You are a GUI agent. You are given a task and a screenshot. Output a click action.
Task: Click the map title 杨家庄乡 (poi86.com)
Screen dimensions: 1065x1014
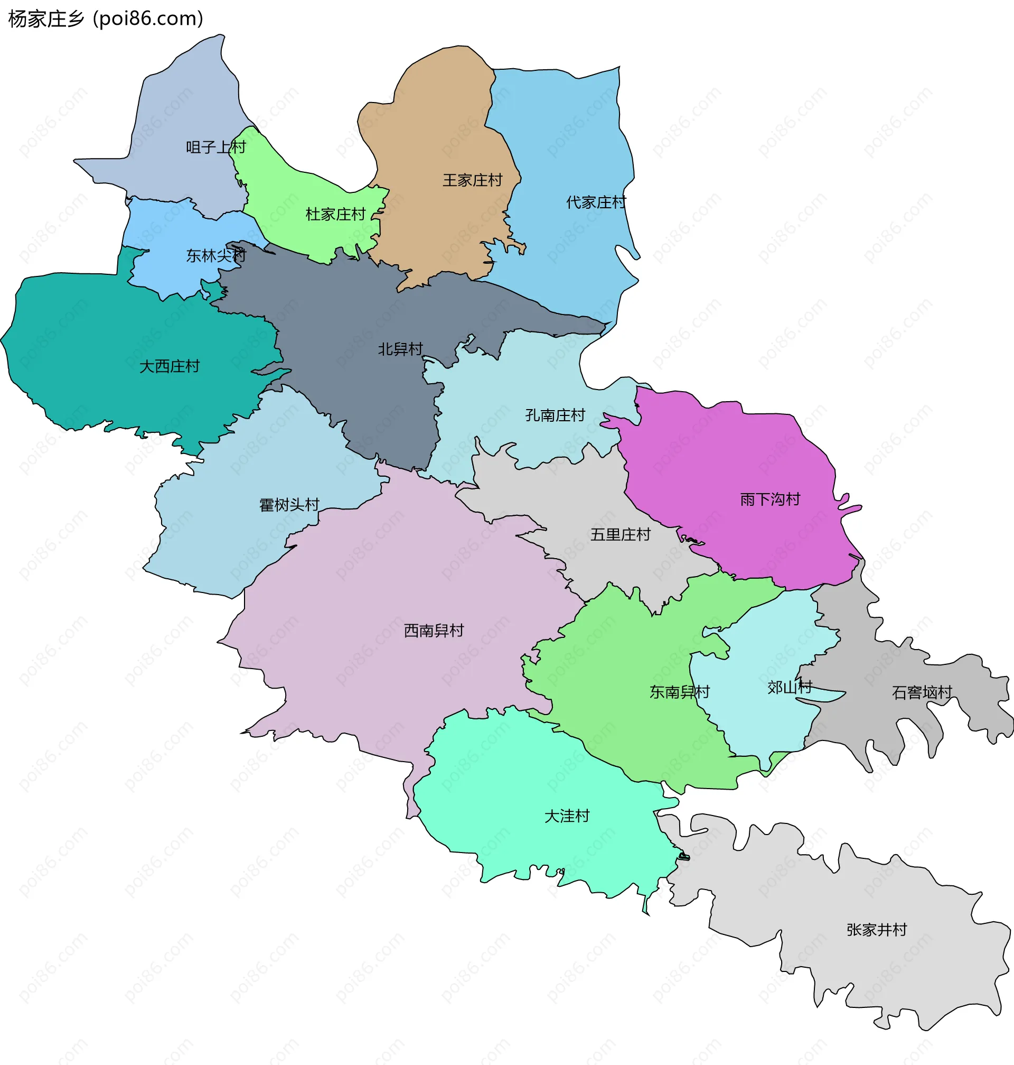106,19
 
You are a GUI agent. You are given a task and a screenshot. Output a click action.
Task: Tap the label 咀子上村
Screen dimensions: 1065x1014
215,147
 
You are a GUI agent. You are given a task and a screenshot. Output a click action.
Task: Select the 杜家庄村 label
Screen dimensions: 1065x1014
336,214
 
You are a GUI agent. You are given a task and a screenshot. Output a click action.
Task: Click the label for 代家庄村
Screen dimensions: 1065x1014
596,202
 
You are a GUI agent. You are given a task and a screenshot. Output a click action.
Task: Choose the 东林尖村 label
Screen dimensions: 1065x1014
215,255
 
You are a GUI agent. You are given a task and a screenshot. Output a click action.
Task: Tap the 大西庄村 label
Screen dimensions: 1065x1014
170,366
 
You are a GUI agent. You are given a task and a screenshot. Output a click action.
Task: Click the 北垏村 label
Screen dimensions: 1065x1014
400,349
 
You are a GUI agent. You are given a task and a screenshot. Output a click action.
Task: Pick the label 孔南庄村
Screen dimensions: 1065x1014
555,415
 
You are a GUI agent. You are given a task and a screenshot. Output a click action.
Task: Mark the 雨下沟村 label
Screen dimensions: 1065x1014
769,499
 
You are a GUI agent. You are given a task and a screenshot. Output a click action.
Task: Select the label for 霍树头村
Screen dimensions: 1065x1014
289,505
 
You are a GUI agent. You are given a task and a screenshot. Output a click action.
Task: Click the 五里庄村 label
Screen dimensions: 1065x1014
620,534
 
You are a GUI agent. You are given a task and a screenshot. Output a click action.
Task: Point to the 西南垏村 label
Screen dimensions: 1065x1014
434,630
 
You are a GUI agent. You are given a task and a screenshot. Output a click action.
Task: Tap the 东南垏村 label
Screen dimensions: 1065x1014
679,692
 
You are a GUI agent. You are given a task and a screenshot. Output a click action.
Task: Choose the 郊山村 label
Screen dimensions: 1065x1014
789,687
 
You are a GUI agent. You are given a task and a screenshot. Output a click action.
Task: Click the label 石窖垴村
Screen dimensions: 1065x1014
922,692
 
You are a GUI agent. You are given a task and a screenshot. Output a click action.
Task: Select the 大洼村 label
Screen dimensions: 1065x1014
567,816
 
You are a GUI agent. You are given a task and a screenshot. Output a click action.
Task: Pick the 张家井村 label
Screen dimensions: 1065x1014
876,929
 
